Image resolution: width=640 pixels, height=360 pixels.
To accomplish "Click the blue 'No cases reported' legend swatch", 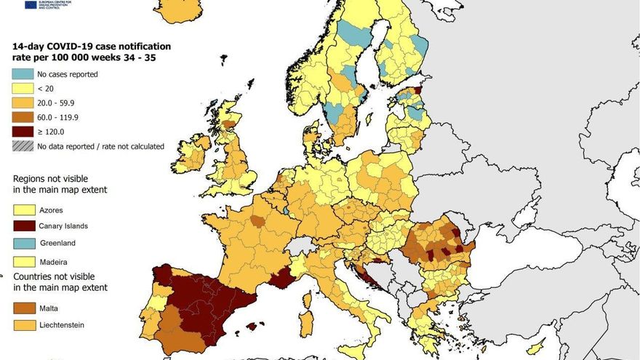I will point(22,74).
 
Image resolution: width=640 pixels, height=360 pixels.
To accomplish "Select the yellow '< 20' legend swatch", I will point(22,89).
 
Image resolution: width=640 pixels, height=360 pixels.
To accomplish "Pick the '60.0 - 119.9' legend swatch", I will point(22,117).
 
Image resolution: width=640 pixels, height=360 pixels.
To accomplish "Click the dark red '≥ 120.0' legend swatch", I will point(22,132).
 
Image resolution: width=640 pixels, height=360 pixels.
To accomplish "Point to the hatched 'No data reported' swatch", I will point(22,146).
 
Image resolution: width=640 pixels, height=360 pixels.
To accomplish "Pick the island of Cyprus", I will point(536,348).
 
